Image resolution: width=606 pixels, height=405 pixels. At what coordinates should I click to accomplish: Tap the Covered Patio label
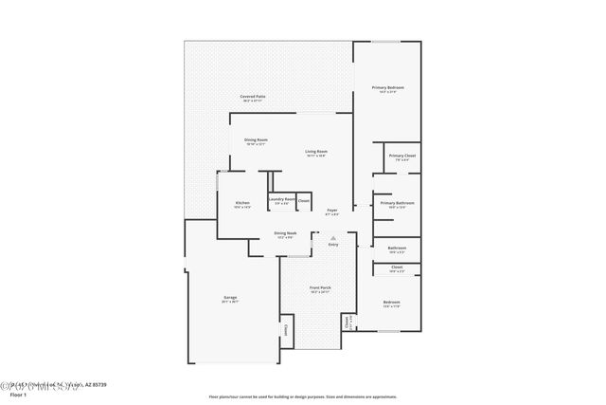[x=252, y=96]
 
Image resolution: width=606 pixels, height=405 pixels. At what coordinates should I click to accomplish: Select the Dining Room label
[x=257, y=140]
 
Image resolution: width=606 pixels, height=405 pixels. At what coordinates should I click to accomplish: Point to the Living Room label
[x=316, y=152]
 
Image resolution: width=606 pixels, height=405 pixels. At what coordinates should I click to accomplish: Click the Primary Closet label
[x=402, y=156]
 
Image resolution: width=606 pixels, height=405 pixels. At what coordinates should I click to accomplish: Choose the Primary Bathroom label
[x=399, y=203]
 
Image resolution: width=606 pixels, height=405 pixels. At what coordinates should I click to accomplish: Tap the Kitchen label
[x=242, y=203]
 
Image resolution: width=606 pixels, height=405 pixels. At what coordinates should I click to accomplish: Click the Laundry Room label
[x=282, y=199]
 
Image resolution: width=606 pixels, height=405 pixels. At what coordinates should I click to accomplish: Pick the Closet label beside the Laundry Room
[x=304, y=200]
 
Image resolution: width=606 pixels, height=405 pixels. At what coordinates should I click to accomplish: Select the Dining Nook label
[x=286, y=233]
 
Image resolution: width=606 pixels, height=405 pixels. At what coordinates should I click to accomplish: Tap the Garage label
[x=230, y=298]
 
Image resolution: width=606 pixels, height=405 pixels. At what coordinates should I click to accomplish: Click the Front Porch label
[x=320, y=288]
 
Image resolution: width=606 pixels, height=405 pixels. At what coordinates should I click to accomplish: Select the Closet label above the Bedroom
[x=397, y=267]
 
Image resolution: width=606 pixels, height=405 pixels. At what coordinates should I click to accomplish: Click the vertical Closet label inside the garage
[x=286, y=331]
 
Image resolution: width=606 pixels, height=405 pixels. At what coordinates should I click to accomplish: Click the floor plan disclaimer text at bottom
[x=303, y=396]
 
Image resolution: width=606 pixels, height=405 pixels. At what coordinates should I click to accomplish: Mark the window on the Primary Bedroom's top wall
[x=384, y=42]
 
